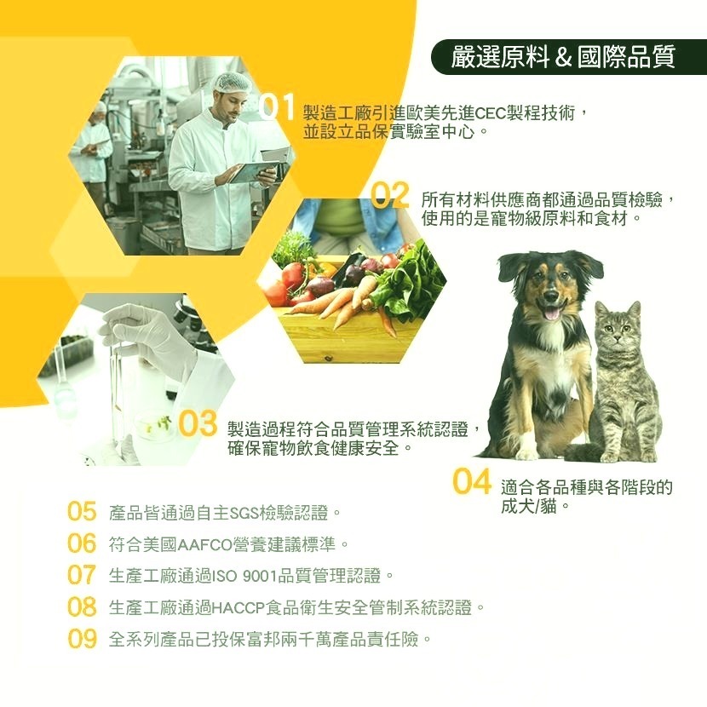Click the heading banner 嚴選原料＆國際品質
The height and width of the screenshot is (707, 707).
tap(565, 57)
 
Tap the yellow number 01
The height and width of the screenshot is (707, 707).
tap(279, 109)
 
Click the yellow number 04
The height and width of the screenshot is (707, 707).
tap(472, 482)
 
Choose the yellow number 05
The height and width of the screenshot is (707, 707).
tap(82, 512)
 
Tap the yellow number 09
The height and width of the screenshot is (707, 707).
tap(82, 639)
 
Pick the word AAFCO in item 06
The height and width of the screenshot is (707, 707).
tap(197, 544)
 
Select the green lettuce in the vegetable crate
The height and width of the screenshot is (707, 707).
tap(409, 281)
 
